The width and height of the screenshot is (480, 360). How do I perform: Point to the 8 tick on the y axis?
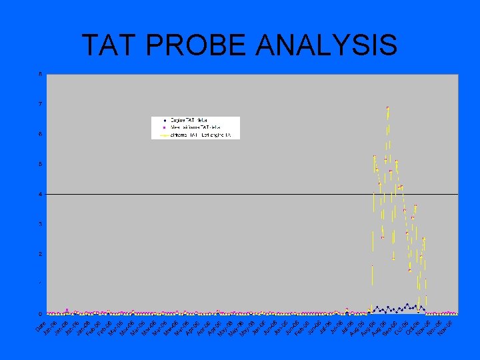pos(40,74)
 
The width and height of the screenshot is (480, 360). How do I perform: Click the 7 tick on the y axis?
pos(40,104)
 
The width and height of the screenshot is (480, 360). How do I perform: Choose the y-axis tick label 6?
pos(40,134)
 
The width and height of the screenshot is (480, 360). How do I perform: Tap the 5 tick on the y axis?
pos(40,164)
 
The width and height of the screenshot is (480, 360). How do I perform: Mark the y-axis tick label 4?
pos(40,194)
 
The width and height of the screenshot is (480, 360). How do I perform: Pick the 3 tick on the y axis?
pos(40,224)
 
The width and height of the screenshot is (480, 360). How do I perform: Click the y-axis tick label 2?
pos(40,254)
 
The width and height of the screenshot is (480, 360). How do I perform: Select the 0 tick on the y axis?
pos(40,313)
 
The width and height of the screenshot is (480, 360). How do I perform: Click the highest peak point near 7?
pos(387,108)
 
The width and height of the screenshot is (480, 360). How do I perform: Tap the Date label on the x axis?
pos(40,327)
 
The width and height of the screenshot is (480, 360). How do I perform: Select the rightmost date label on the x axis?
pos(445,327)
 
